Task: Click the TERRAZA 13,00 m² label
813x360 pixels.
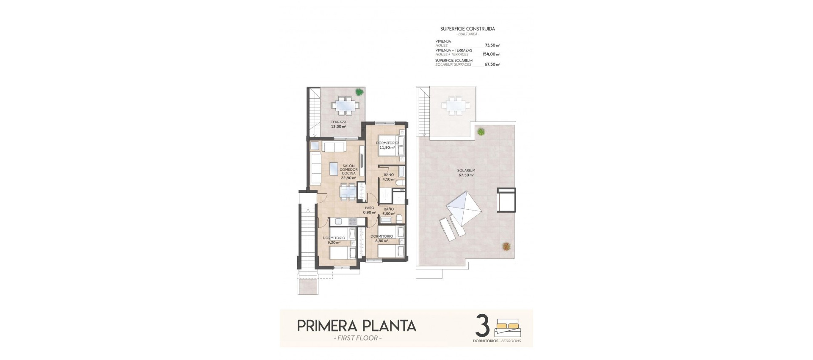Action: [x=338, y=124]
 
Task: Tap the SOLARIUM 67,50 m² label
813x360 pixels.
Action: [x=465, y=172]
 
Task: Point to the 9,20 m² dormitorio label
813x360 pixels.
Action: [x=334, y=240]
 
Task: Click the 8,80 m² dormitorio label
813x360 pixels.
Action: [x=382, y=238]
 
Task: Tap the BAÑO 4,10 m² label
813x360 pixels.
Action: [x=389, y=177]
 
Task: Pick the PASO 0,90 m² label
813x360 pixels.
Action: [x=370, y=210]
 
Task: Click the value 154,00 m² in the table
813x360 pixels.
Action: [x=491, y=54]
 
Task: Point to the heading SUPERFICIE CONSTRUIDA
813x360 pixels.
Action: [x=467, y=29]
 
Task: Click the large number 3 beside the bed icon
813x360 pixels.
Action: [x=483, y=325]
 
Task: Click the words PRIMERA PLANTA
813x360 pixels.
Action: [x=357, y=326]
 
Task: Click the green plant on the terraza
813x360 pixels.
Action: [x=359, y=91]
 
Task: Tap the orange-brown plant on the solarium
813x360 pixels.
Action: [x=506, y=246]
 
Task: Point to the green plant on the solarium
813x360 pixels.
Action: [x=481, y=132]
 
